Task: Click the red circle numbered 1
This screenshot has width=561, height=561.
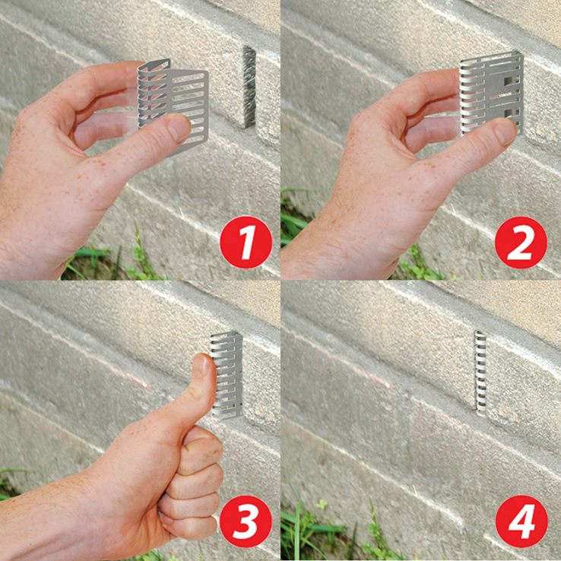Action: (246, 242)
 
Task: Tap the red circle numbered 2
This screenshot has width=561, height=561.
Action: (521, 242)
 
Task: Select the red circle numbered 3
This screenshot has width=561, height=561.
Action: (246, 521)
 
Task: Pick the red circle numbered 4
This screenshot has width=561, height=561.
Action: (521, 521)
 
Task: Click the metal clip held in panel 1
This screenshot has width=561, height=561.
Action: (172, 103)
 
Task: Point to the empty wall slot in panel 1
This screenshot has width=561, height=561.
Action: (249, 86)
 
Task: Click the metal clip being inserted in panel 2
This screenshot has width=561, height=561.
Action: (491, 93)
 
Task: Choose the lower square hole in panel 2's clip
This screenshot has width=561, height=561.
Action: (508, 113)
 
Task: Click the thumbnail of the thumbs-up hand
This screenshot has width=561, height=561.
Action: (202, 364)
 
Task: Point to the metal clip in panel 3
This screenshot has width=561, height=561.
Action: (227, 375)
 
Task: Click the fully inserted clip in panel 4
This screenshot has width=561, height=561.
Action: (480, 373)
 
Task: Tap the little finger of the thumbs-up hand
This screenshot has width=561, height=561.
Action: (189, 528)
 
